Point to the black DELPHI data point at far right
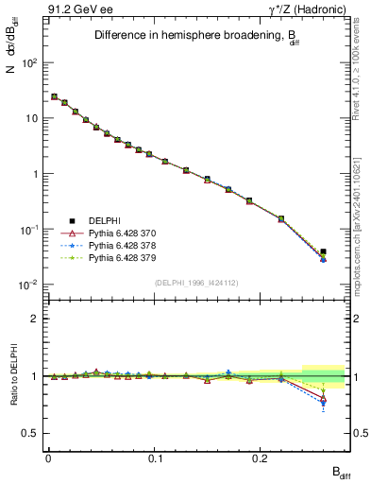[x=324, y=251]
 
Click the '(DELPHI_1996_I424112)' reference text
[x=196, y=281]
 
